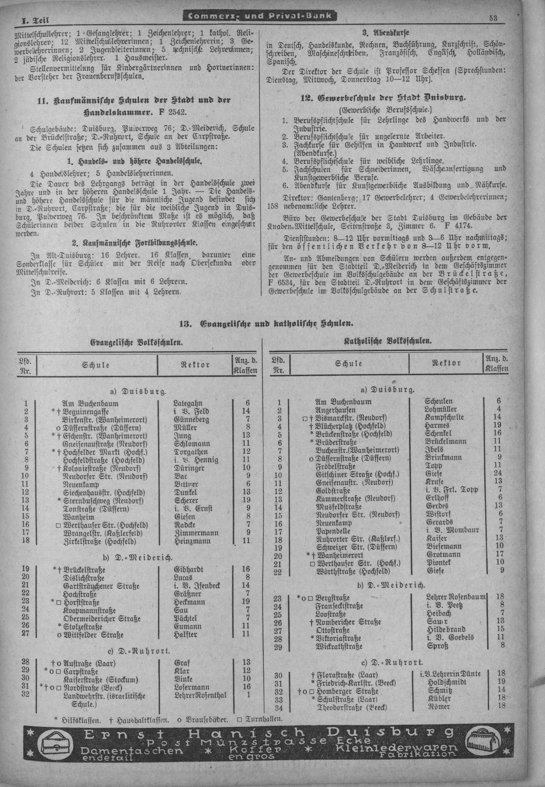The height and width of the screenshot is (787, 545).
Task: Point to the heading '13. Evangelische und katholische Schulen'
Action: [x=266, y=323]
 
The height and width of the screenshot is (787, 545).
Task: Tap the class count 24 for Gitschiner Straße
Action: [x=498, y=474]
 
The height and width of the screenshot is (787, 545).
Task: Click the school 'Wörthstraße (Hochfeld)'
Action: [x=353, y=571]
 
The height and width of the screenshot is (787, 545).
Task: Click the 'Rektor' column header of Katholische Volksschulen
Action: [x=446, y=363]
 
